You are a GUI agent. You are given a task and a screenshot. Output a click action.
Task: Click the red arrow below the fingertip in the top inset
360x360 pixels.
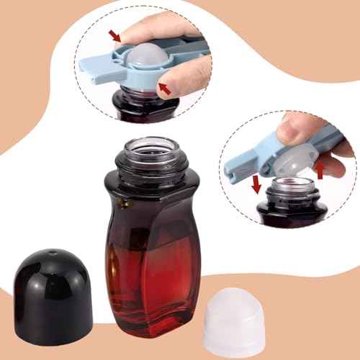coord(165,88)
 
